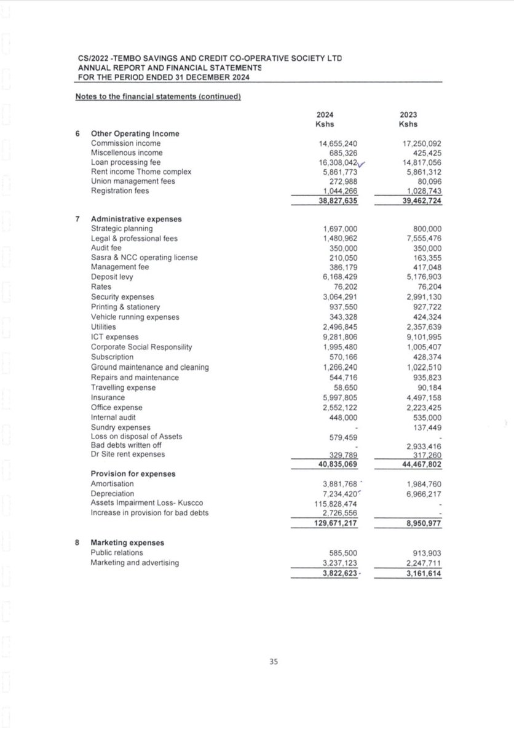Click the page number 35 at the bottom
274,662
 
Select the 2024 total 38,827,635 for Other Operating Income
337,200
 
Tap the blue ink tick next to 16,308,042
362,163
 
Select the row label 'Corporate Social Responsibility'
141,347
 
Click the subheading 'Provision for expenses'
133,474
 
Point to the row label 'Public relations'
117,553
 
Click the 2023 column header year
408,115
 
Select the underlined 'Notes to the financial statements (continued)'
157,97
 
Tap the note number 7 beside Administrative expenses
78,219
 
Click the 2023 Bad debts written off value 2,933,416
421,446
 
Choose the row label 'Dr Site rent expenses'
128,454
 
